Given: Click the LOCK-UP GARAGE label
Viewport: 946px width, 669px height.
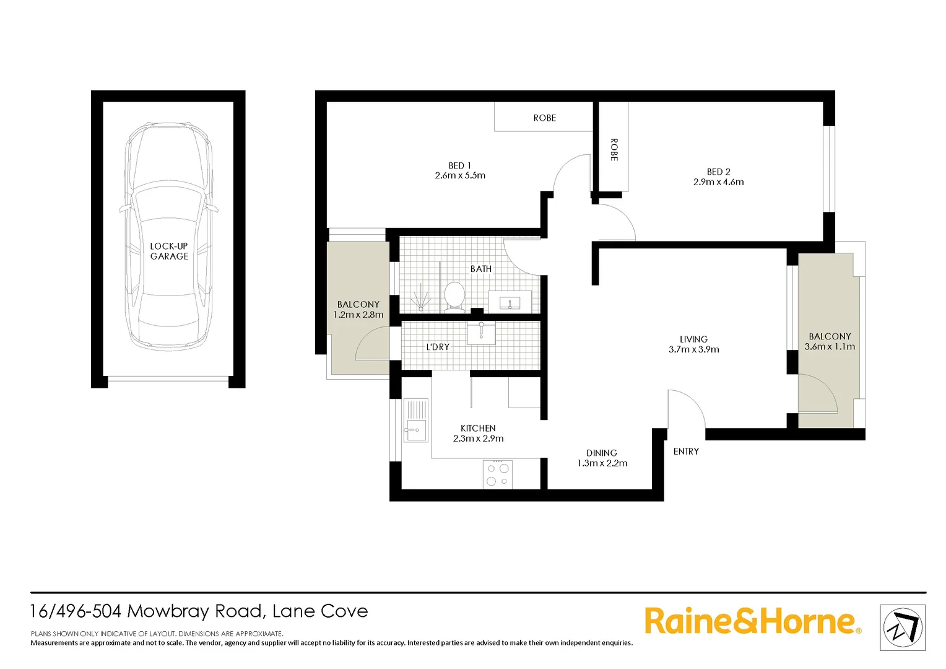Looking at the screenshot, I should tap(169, 251).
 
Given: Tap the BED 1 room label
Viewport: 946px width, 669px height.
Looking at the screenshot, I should tap(459, 165).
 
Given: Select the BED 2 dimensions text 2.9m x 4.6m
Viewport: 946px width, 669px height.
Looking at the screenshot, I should tap(718, 182).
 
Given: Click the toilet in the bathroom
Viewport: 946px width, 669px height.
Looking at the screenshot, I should tap(454, 296).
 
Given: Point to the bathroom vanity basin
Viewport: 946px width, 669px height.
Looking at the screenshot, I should tap(510, 302).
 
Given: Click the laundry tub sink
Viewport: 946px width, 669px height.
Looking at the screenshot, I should tap(481, 332).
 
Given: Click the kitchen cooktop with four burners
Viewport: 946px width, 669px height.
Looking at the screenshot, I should tap(497, 474).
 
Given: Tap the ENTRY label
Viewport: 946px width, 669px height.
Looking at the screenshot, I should tap(686, 452).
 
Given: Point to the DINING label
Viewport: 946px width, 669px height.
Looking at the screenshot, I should tap(602, 453).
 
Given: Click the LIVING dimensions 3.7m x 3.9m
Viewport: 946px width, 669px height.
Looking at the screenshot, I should tap(693, 349).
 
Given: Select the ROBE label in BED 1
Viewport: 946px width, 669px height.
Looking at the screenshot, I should tap(544, 118).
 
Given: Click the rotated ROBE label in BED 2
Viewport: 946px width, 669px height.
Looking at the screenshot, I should tap(614, 149).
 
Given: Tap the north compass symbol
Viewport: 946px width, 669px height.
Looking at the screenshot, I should tap(903, 627).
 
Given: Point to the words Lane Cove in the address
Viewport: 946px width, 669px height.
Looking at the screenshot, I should tap(320, 611).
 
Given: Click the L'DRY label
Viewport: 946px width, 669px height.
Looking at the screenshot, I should tap(438, 347).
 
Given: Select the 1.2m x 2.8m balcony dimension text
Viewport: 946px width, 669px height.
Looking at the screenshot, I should tap(358, 315).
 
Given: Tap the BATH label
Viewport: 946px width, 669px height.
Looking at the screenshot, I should tap(481, 269).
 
